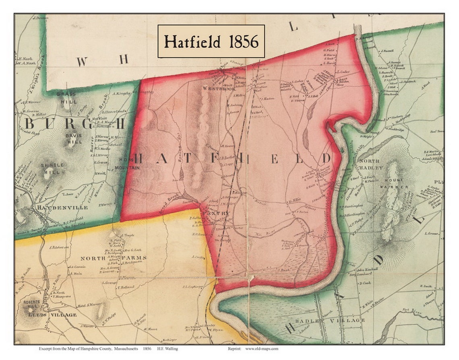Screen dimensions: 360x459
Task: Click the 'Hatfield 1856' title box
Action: click(211, 41)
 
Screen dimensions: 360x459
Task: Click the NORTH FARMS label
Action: click(114, 258)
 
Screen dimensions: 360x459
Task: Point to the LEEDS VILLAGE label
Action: click(52, 315)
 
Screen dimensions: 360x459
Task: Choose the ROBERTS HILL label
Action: click(31, 304)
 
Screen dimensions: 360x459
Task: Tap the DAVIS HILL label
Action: click(74, 139)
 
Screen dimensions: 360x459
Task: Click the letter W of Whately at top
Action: click(82, 62)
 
